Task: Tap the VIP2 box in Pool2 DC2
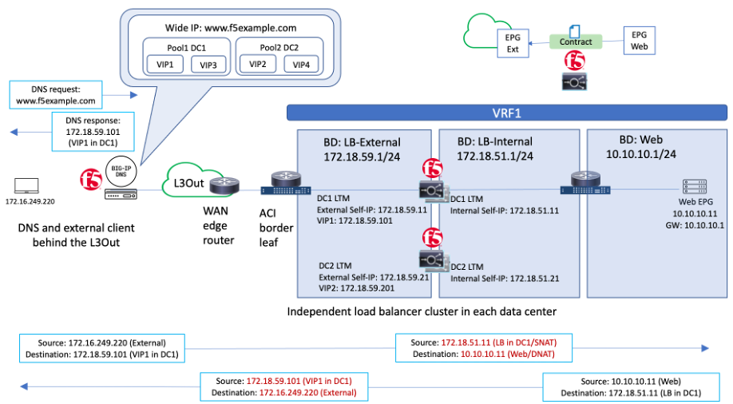(x=257, y=64)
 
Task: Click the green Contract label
(x=576, y=42)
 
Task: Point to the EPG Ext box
(x=512, y=42)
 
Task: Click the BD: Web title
(x=643, y=138)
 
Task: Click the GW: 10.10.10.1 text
(x=695, y=225)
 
